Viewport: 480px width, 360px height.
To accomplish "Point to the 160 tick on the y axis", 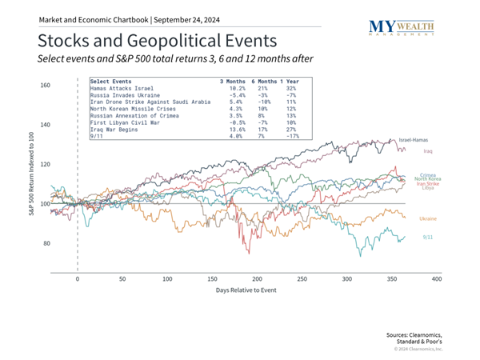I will [x=45, y=86].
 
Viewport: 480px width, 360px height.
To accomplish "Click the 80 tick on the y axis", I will [x=46, y=244].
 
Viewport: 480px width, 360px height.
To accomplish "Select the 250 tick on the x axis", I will [x=302, y=279].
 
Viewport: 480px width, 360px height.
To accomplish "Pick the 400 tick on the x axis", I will [x=437, y=279].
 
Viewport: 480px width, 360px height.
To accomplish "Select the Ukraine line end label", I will [x=427, y=218].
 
